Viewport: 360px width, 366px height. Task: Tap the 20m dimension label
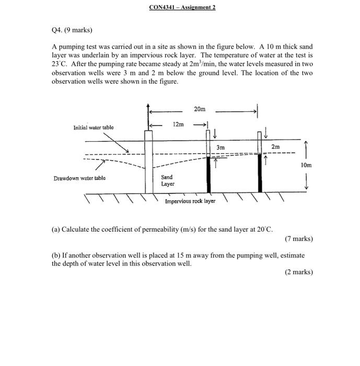click(x=200, y=109)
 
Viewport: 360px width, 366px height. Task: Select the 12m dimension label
click(x=178, y=124)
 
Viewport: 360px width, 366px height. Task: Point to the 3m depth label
click(x=220, y=148)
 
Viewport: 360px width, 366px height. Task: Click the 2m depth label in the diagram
click(x=275, y=147)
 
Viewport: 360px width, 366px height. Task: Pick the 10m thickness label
click(x=306, y=165)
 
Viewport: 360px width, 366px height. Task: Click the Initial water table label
click(x=93, y=127)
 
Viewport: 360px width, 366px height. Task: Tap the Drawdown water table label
click(x=78, y=178)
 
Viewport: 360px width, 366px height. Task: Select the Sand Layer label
click(x=168, y=180)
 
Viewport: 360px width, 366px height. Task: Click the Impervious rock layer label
click(x=190, y=201)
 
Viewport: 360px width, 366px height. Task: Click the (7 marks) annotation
click(x=299, y=239)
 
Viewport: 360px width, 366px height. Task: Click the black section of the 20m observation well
click(x=260, y=173)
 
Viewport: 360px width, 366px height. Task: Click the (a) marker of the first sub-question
click(x=55, y=230)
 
